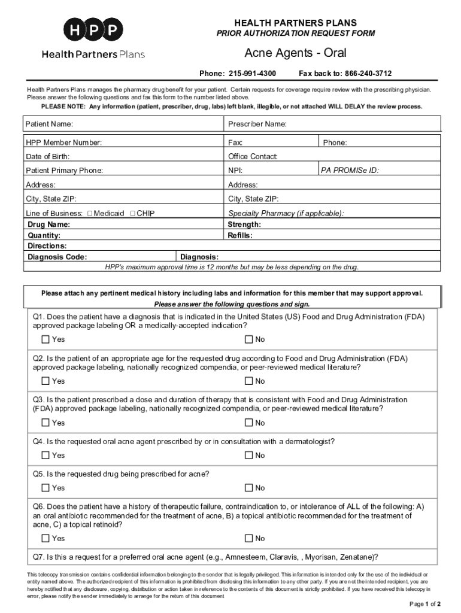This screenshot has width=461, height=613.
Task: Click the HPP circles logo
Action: click(93, 29)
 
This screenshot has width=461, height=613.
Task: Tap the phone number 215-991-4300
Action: click(251, 74)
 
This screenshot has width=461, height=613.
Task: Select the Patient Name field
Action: click(150, 125)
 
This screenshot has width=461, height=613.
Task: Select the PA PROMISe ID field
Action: click(407, 171)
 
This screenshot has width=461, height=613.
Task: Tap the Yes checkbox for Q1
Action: click(46, 340)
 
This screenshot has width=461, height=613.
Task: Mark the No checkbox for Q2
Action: click(248, 381)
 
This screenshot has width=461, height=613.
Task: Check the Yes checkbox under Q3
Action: click(46, 423)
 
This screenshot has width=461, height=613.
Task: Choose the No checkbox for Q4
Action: click(248, 456)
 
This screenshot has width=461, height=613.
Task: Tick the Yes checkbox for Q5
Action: click(46, 488)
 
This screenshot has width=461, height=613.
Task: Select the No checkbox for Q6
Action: click(248, 539)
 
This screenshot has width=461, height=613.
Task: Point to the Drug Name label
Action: click(48, 224)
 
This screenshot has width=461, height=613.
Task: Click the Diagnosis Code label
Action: click(57, 257)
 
